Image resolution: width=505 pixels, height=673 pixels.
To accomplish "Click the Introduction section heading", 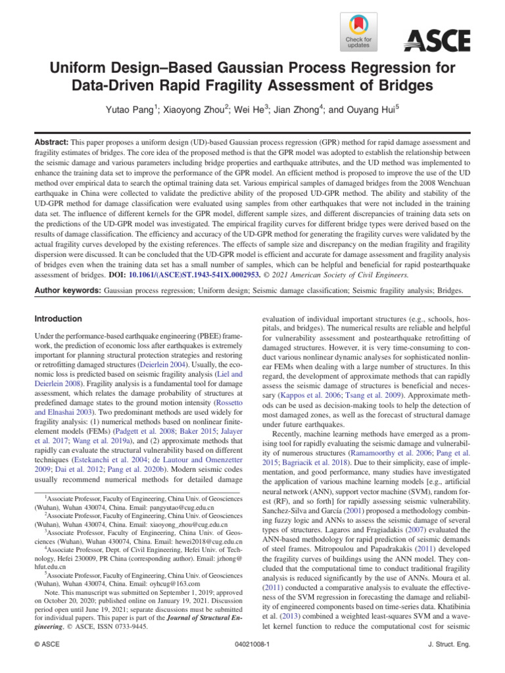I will tap(59, 319).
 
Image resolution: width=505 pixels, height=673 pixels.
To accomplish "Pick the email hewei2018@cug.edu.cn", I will tap(205, 559).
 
